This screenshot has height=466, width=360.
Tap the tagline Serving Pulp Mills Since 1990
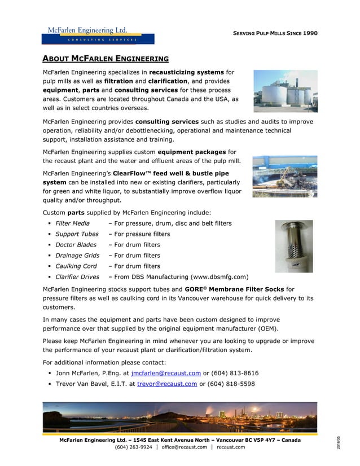pos(275,33)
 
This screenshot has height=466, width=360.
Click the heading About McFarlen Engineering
pos(106,58)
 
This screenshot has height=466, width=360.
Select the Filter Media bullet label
pos(72,223)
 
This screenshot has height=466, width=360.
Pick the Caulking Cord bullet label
pos(76,266)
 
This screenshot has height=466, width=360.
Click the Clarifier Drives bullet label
pos(77,277)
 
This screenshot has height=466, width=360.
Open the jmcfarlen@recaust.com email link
pos(165,373)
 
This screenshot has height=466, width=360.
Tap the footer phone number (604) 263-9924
pos(133,447)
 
